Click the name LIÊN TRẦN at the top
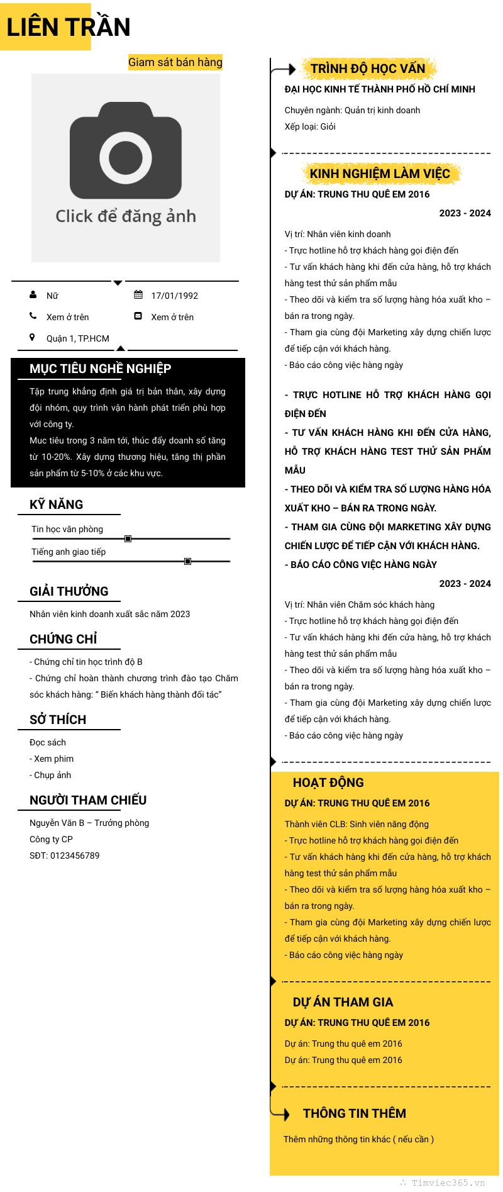[x=68, y=27]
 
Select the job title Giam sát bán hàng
[x=175, y=62]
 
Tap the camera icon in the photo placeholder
[x=126, y=151]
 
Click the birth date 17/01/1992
[x=174, y=296]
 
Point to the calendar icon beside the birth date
[x=138, y=294]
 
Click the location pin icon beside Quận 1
[x=32, y=337]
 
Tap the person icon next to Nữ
[x=33, y=294]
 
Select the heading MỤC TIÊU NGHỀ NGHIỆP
[x=100, y=369]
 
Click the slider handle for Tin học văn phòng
[x=128, y=538]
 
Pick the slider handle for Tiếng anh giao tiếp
[x=187, y=561]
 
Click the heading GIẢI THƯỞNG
[x=69, y=591]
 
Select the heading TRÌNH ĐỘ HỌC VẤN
[x=368, y=69]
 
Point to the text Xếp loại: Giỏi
[x=310, y=126]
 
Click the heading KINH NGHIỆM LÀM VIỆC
[x=380, y=174]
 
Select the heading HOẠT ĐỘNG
[x=328, y=783]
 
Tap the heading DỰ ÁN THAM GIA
[x=343, y=1002]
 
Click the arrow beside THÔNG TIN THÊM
[x=282, y=1113]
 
